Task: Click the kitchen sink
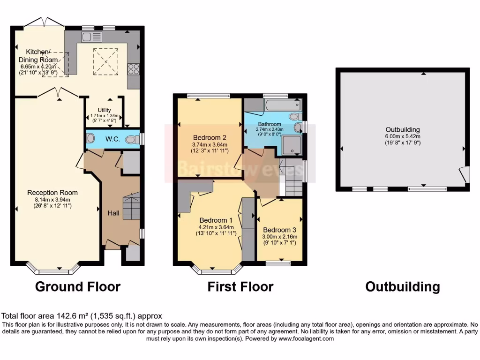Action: pos(91,37)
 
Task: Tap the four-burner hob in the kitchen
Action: pos(133,68)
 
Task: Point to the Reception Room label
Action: pos(52,193)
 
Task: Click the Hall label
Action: pos(113,213)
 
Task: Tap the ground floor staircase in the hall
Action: pos(131,207)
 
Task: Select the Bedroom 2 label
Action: pos(210,138)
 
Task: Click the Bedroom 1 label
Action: pos(216,220)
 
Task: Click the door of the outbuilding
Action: pos(464,175)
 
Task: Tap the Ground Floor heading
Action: pos(78,286)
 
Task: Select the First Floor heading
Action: pos(240,286)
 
